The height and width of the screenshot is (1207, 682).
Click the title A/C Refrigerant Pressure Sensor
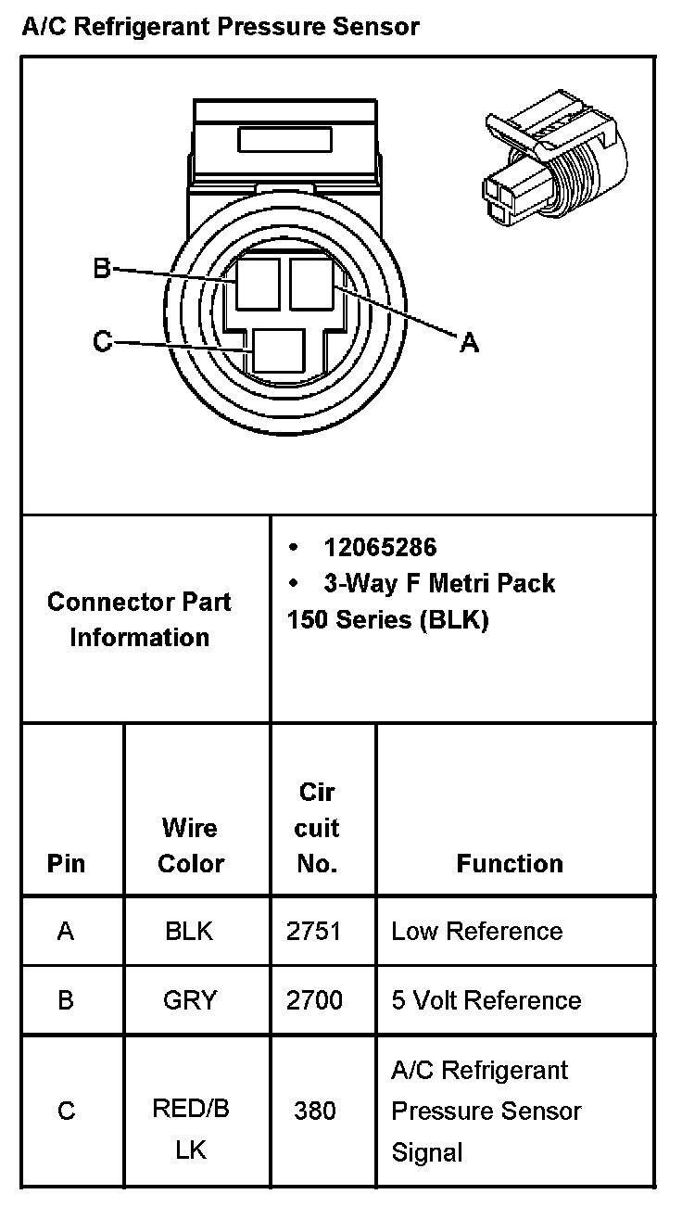coord(220,27)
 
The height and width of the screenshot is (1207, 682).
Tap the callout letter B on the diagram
coord(102,269)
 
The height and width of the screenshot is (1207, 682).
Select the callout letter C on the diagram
coord(102,342)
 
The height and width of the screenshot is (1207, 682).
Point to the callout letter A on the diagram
coord(470,343)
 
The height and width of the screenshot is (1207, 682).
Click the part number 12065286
coord(380,547)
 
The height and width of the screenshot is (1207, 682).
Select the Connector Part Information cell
coord(140,619)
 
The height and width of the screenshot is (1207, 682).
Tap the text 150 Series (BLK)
coord(387,619)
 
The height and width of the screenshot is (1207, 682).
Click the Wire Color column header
coord(191,845)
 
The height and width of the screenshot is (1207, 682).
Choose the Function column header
coord(510,863)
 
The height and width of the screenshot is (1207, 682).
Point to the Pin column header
coord(66,863)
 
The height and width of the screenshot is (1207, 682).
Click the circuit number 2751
coord(314,931)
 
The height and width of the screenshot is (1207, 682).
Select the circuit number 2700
coord(314,1000)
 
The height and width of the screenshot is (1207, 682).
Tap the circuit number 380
coord(314,1110)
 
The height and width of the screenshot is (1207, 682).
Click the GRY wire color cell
coord(190,1000)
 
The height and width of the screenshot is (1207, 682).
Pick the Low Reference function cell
coord(476,931)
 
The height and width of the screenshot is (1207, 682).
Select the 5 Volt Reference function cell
coord(486,1000)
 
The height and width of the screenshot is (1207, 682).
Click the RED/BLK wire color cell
coord(191,1128)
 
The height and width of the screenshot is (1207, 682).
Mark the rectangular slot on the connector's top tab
coord(284,139)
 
